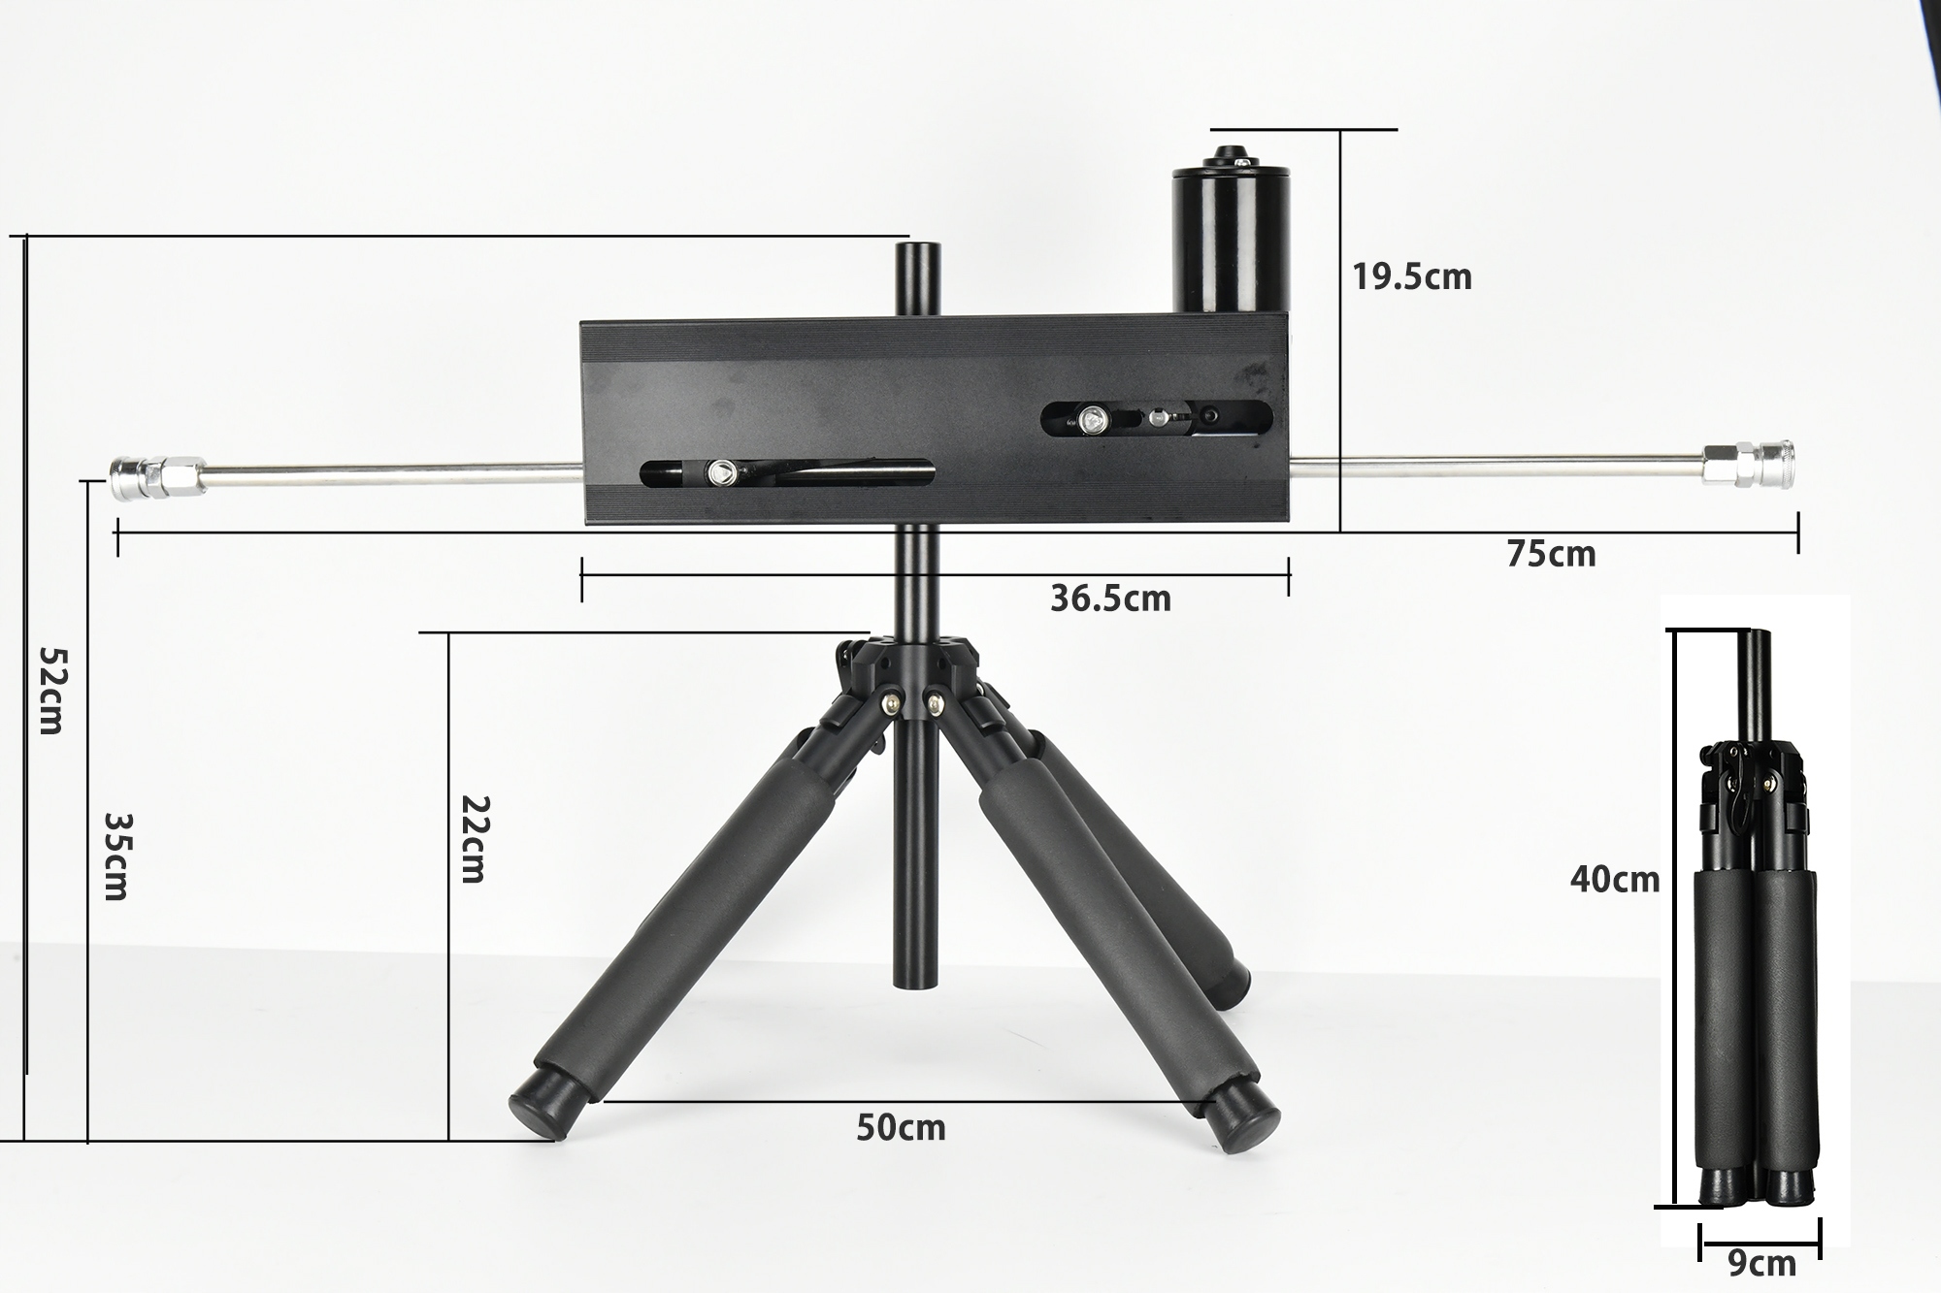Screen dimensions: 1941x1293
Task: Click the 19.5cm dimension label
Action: click(1412, 277)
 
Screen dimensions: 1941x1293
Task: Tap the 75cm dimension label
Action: click(1551, 554)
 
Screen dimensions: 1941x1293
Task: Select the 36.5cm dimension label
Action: click(1110, 598)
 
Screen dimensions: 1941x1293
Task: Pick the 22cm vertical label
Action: click(473, 839)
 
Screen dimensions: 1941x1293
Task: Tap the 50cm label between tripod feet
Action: click(901, 1127)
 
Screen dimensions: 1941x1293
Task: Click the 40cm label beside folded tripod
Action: click(1615, 880)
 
